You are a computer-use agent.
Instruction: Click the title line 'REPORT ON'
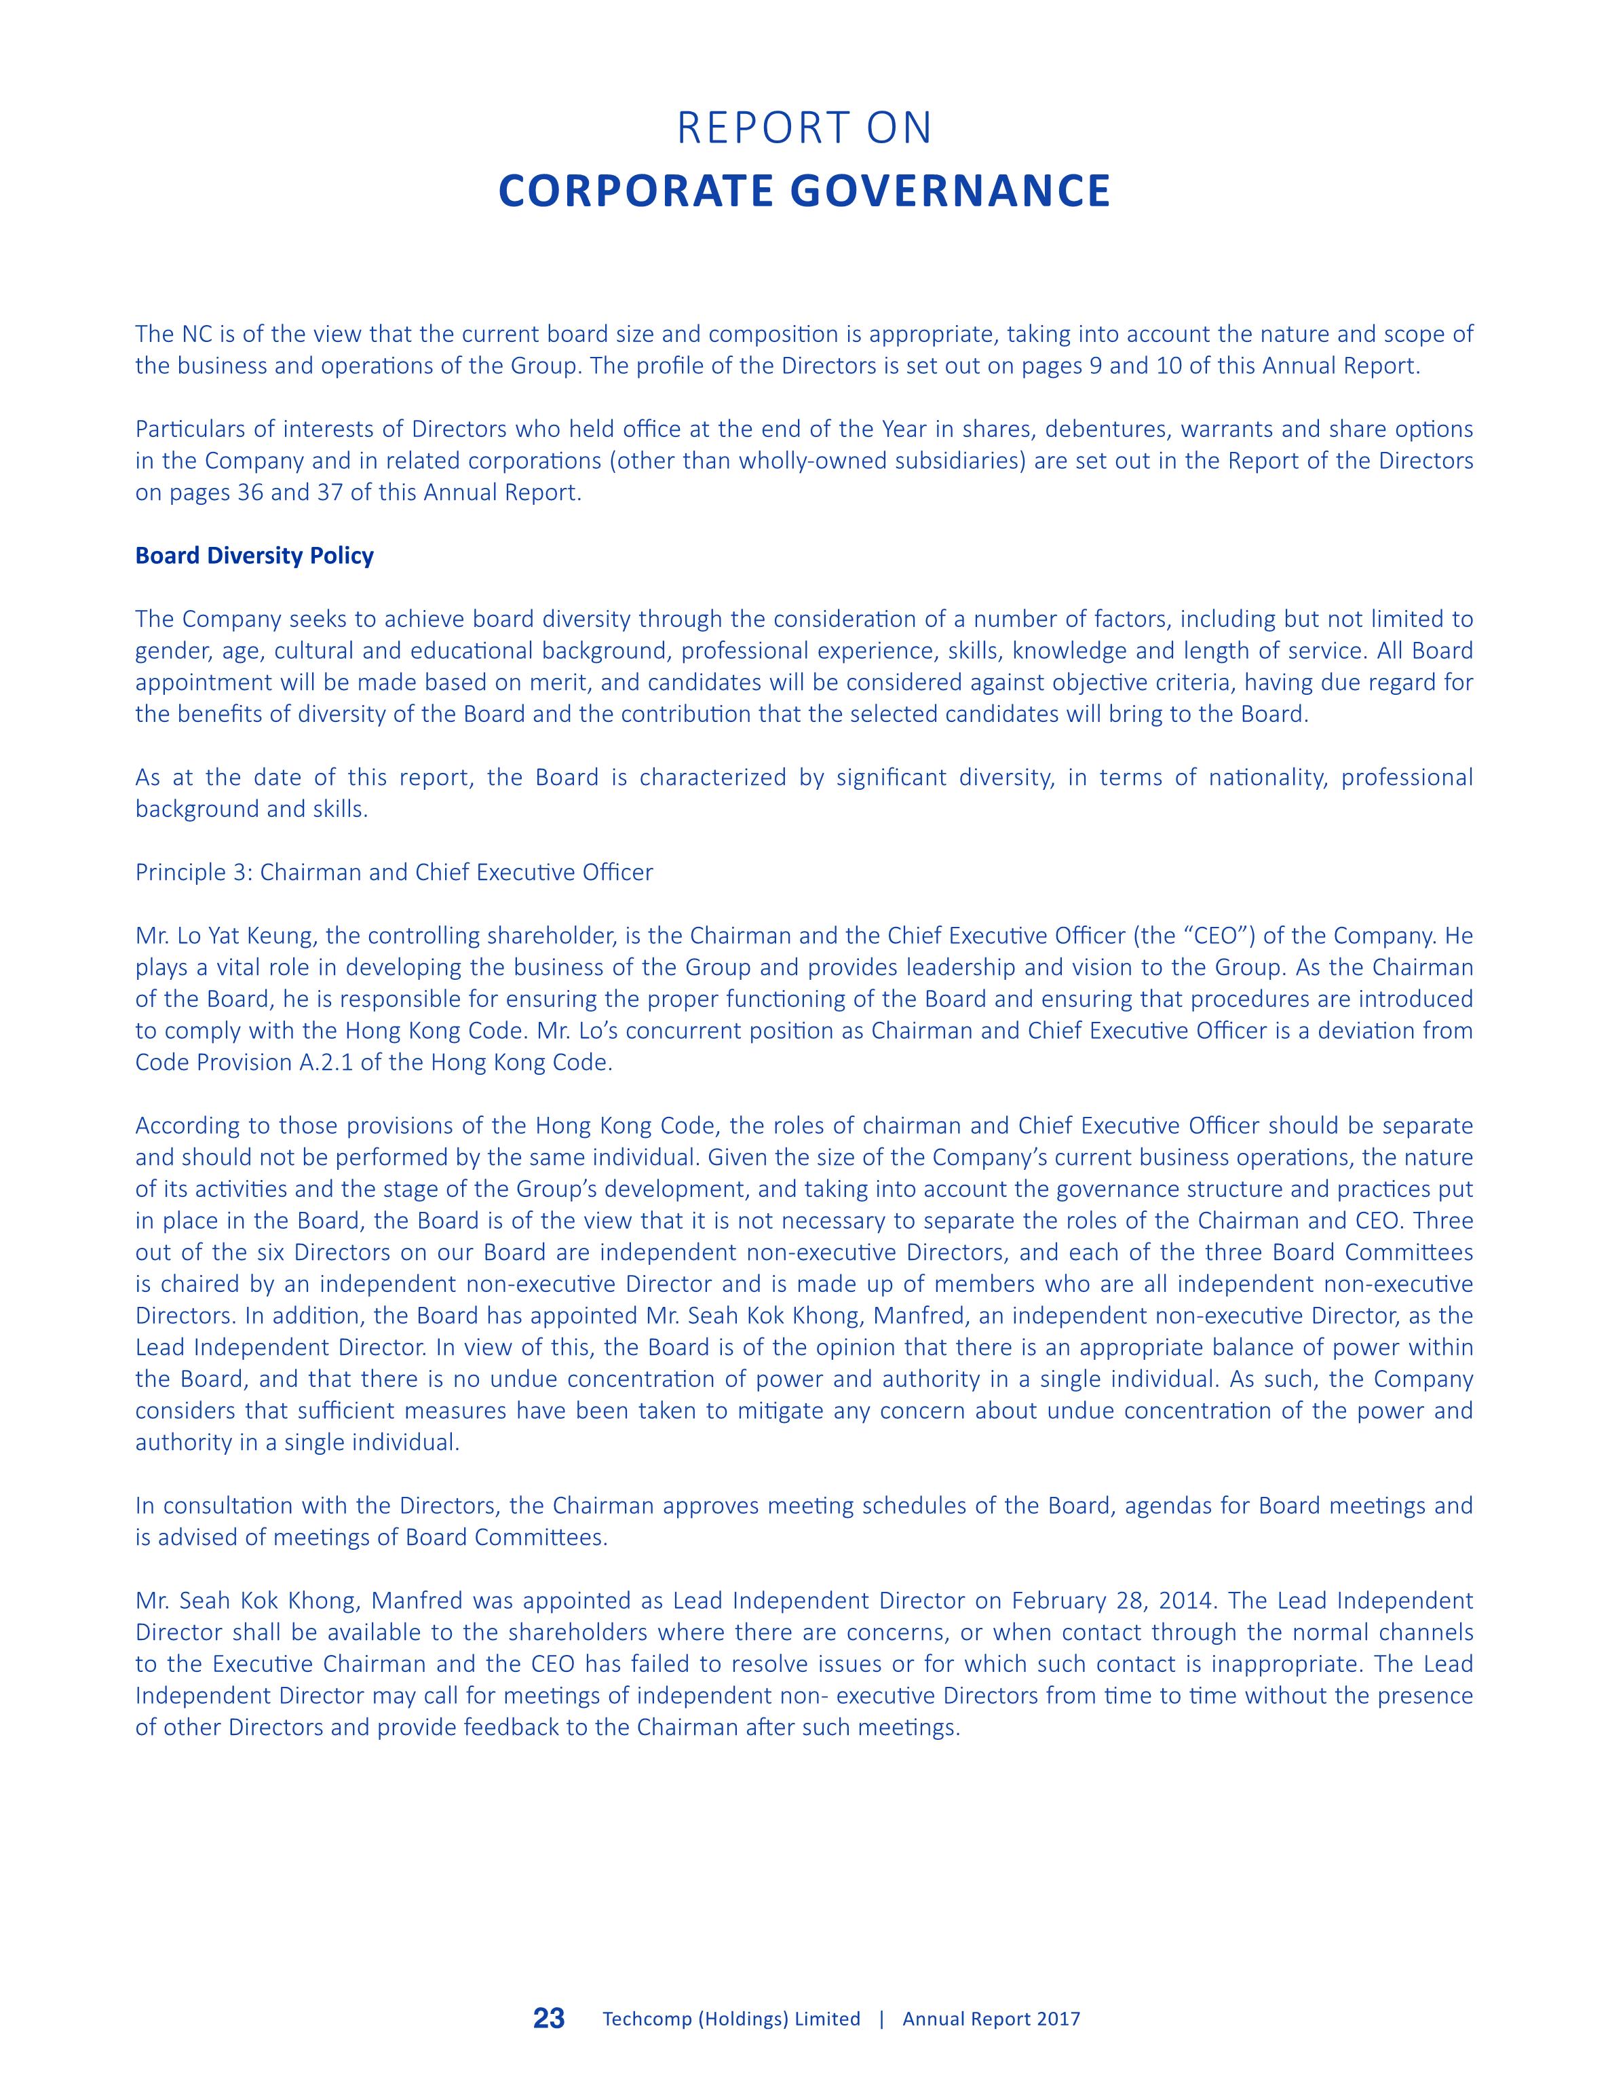804,128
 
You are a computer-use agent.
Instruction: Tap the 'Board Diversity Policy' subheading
254,556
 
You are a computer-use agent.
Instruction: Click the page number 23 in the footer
550,2019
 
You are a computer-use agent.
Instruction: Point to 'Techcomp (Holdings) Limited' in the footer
731,2019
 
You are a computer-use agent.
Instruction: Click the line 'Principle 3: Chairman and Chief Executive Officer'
394,872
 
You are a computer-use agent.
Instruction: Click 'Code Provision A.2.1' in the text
244,1063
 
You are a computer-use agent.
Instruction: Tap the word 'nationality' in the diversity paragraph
1266,777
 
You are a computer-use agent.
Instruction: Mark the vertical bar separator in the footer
881,2019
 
